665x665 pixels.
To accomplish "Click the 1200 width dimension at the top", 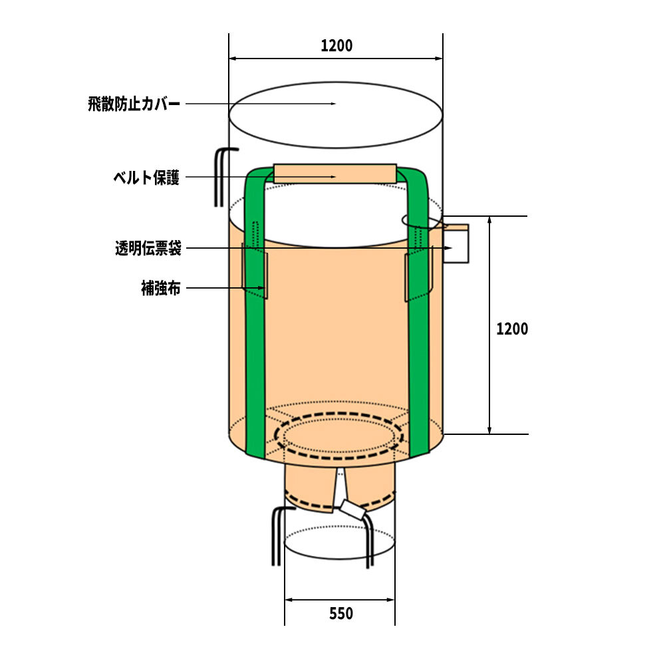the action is [336, 45].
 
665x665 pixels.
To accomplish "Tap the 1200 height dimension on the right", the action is [512, 329].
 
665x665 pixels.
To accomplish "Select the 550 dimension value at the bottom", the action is [341, 613].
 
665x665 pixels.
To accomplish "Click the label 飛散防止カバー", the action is [134, 104].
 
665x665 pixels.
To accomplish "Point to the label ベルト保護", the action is [146, 178].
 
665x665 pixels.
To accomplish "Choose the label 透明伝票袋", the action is [148, 248].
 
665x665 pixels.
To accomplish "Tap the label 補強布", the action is [161, 288].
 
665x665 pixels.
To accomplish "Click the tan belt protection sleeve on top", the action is [335, 174].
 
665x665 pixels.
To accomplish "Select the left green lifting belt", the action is [255, 314].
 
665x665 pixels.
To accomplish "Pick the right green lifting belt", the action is [420, 314].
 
